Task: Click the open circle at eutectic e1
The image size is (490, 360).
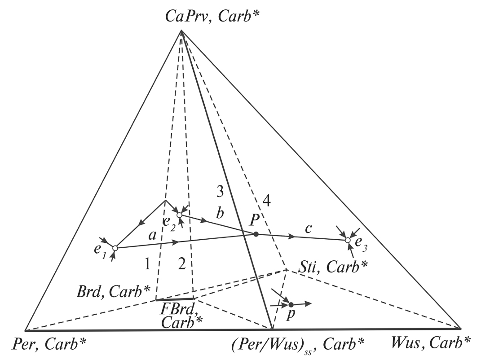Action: pyautogui.click(x=115, y=248)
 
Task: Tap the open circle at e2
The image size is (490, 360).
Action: pyautogui.click(x=179, y=215)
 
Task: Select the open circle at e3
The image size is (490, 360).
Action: pyautogui.click(x=348, y=241)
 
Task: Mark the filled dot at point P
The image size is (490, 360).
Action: pyautogui.click(x=256, y=234)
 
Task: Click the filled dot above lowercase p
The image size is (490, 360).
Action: pyautogui.click(x=291, y=305)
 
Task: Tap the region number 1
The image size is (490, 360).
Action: pyautogui.click(x=147, y=265)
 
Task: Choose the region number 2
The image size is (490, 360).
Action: pyautogui.click(x=181, y=265)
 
